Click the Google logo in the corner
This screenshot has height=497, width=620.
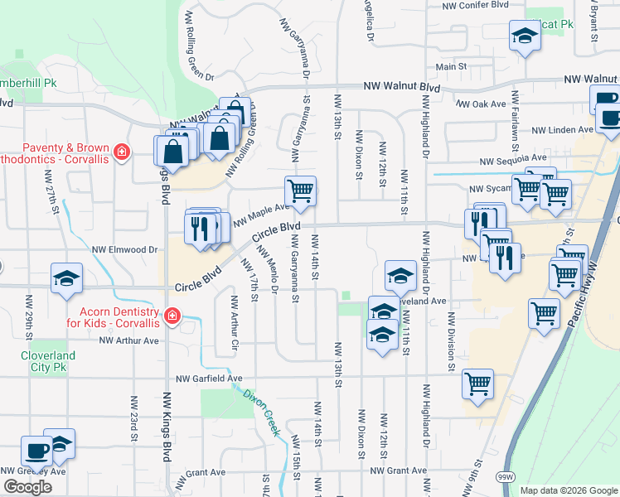click(27, 487)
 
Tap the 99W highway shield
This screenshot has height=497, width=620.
click(506, 478)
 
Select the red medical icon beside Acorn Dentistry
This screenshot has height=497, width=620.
click(172, 316)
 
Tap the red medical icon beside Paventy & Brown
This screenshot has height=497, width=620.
click(122, 152)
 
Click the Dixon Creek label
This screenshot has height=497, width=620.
click(262, 407)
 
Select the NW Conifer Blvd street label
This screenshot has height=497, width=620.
click(475, 5)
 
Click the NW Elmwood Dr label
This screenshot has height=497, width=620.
click(124, 248)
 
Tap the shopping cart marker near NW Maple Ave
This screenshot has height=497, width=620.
click(300, 190)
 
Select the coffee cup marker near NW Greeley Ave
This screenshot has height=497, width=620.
click(36, 451)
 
